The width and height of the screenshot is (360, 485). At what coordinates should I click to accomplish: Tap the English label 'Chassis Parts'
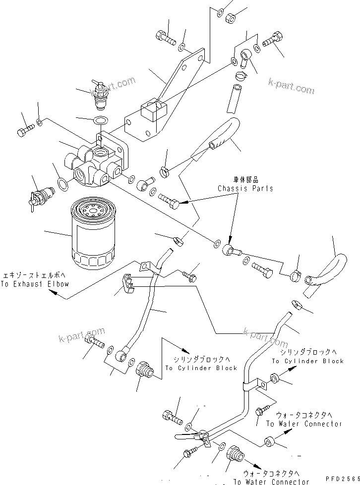(245, 188)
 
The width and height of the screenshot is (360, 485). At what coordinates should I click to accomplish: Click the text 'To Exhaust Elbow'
(35, 284)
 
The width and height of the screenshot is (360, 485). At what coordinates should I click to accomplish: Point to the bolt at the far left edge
(25, 132)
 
